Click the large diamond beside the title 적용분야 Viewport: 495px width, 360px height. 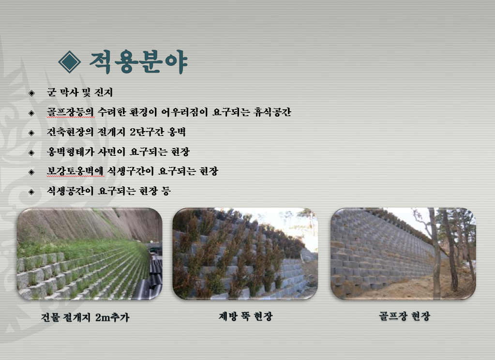pyautogui.click(x=70, y=62)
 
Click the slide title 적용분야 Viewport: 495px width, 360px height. pyautogui.click(x=138, y=61)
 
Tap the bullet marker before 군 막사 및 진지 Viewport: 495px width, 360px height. pyautogui.click(x=31, y=93)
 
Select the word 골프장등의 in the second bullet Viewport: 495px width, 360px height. pyautogui.click(x=70, y=112)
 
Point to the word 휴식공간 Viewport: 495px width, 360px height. pyautogui.click(x=272, y=112)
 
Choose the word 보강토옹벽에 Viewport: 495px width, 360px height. pyautogui.click(x=75, y=171)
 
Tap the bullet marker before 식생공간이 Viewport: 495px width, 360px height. pyautogui.click(x=31, y=192)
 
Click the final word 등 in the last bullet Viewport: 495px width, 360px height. pyautogui.click(x=166, y=191)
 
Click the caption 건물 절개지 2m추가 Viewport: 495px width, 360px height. pyautogui.click(x=85, y=317)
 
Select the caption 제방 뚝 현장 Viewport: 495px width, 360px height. pyautogui.click(x=246, y=316)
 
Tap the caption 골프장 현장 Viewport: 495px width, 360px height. pyautogui.click(x=405, y=316)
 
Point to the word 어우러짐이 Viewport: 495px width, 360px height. pyautogui.click(x=184, y=112)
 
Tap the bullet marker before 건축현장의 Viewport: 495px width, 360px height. pyautogui.click(x=31, y=133)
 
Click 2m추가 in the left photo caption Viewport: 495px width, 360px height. pyautogui.click(x=112, y=317)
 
